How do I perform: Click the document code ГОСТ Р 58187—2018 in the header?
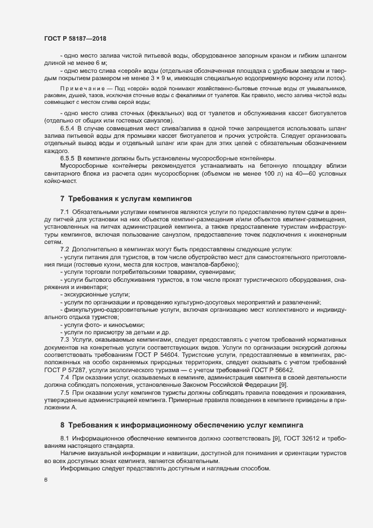(x=76, y=38)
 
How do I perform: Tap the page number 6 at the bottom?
(x=46, y=481)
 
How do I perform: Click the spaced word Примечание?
(x=79, y=89)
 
